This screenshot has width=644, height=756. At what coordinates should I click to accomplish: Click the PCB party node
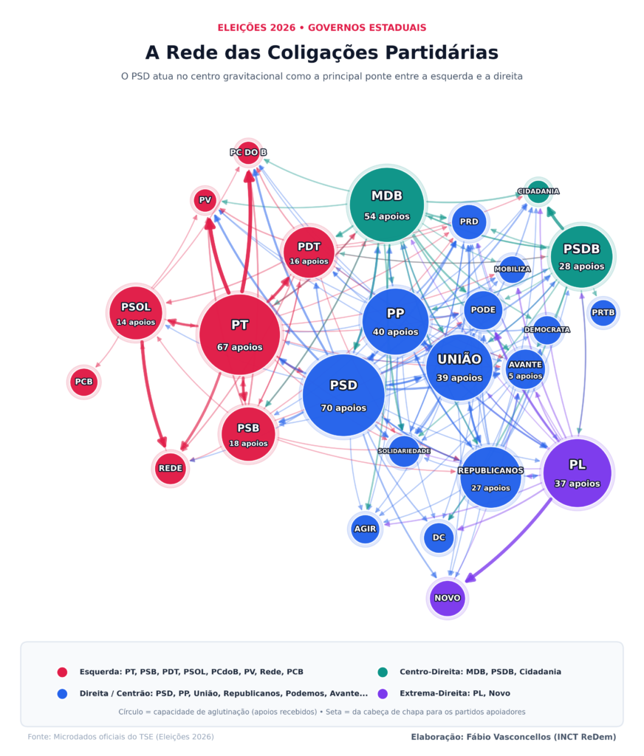84,382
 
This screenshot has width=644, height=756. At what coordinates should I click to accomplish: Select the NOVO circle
448,598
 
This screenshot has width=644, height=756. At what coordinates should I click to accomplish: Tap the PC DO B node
248,152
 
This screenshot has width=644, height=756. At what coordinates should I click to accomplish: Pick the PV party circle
205,200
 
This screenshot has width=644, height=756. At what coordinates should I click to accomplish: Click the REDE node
171,468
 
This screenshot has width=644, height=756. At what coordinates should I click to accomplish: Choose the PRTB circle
603,312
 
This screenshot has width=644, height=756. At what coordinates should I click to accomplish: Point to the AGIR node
365,529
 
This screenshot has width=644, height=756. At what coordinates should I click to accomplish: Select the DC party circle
439,537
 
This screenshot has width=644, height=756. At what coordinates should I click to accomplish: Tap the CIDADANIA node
538,191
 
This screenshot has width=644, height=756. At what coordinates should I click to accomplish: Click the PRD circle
469,221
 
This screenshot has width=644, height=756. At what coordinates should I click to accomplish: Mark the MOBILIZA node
513,269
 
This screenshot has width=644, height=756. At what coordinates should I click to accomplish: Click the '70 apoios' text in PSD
343,408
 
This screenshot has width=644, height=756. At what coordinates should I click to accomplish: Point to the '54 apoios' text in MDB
387,216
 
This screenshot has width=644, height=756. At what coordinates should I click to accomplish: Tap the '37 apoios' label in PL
578,484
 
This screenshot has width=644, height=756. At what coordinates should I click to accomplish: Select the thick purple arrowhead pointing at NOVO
471,577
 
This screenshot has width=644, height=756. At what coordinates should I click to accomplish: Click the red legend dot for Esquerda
62,672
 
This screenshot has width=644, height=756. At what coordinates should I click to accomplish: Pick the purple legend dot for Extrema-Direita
383,694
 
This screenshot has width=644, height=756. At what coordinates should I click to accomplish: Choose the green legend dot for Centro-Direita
383,672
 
